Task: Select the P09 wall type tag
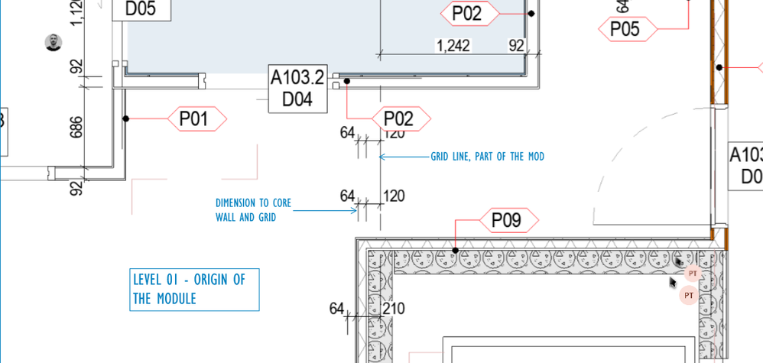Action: [505, 221]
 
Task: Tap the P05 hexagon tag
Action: [624, 30]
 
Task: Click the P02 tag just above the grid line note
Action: [398, 119]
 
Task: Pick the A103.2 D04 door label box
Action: [297, 89]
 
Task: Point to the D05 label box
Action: [141, 9]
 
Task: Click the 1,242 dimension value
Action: [453, 47]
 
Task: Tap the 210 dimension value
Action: [394, 309]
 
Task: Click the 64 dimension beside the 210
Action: [337, 309]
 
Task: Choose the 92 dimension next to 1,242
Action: [517, 47]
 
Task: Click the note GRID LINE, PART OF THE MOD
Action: [487, 157]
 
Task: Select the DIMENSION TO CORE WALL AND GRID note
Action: [252, 210]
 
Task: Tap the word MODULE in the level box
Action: [177, 299]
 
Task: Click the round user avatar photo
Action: [53, 43]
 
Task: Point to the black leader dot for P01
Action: [126, 118]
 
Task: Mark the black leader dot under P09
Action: [456, 250]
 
